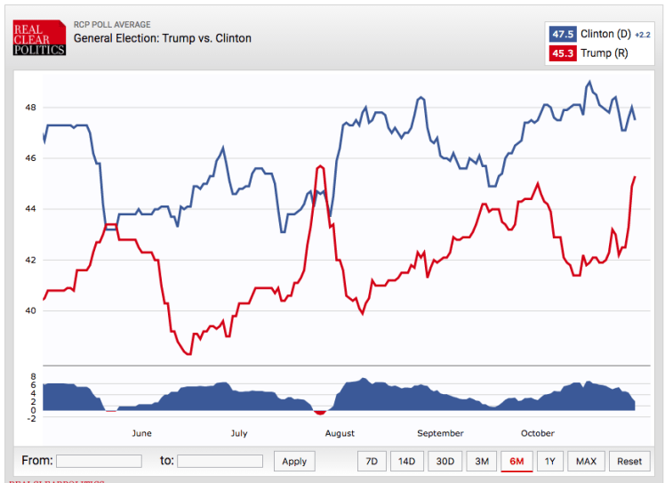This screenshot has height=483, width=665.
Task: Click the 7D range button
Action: coord(372,461)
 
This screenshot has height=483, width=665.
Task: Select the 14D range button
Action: coord(406,461)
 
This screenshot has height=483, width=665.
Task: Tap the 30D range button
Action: coord(445,461)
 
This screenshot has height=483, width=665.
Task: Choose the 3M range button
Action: coord(481,461)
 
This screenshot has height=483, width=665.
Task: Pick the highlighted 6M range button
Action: coord(516,461)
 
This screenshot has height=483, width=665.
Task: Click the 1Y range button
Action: coord(550,461)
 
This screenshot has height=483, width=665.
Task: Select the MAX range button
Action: coord(586,461)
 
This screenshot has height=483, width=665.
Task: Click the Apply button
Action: coord(294,461)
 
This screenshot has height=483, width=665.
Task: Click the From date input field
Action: coord(98,461)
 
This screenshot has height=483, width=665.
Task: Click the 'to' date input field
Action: coord(220,461)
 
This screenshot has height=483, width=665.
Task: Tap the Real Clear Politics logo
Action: coord(39,37)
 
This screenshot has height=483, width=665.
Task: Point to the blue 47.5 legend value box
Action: coord(563,34)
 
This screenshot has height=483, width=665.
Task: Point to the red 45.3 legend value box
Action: coord(563,53)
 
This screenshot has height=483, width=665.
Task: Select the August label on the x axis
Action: coord(340,433)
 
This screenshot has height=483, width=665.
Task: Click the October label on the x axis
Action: coord(537,433)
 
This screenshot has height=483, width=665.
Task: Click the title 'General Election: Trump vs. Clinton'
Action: coord(162,38)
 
